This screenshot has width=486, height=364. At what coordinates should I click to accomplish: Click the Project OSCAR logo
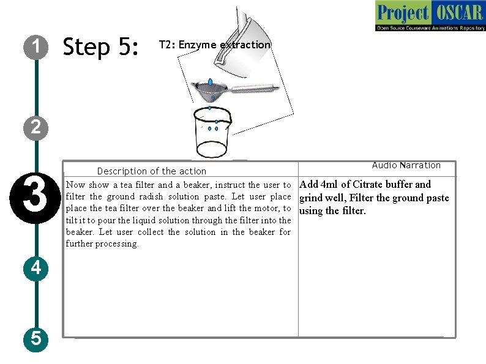[x=430, y=16]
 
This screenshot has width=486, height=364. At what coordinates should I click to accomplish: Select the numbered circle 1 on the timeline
[x=37, y=46]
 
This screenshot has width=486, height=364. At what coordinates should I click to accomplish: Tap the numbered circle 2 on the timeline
[x=37, y=127]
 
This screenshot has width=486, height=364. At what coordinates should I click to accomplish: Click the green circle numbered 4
[x=37, y=268]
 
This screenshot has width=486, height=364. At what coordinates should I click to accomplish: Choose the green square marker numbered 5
[x=37, y=338]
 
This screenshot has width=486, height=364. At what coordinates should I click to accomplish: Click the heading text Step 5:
[x=102, y=46]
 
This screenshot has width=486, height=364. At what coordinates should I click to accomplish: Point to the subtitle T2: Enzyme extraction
[x=214, y=45]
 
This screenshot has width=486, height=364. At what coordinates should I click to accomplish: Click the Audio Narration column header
[x=406, y=165]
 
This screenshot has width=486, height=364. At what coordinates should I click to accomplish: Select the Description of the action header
[x=152, y=171]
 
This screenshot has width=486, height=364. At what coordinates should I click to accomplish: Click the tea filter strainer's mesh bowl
[x=211, y=91]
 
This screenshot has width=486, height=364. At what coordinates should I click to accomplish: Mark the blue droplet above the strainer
[x=211, y=82]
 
